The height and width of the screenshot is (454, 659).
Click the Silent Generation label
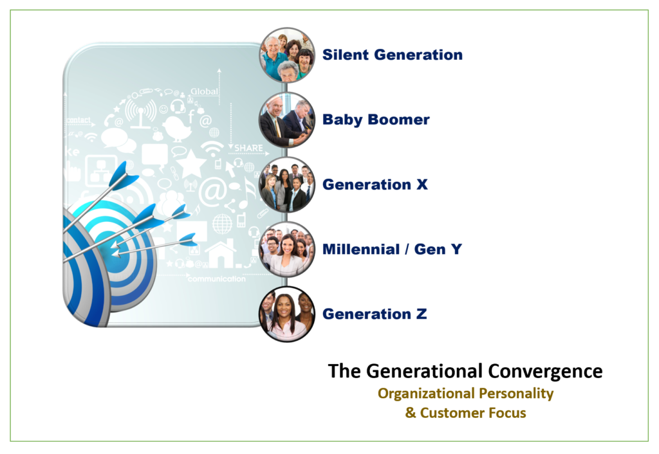[392, 55]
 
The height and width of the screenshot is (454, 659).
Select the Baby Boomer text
[376, 120]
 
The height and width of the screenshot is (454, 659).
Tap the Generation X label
[375, 185]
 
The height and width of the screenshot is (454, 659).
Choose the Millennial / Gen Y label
[392, 249]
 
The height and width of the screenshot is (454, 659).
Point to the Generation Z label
[375, 314]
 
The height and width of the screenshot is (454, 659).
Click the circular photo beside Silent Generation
[287, 55]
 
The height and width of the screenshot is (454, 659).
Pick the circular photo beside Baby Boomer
[287, 120]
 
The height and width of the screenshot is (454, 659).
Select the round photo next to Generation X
[287, 185]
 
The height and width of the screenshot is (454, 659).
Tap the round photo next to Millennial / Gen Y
[287, 249]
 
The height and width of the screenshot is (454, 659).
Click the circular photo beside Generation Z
[287, 314]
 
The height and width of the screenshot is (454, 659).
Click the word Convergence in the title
[545, 371]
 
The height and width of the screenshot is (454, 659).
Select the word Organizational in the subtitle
[426, 394]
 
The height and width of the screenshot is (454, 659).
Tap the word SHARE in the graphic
[249, 148]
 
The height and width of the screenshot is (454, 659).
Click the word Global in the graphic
[204, 91]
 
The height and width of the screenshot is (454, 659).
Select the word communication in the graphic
[217, 278]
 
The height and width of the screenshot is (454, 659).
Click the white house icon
[221, 253]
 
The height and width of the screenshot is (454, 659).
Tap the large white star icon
[190, 163]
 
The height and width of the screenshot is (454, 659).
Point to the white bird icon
[178, 128]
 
